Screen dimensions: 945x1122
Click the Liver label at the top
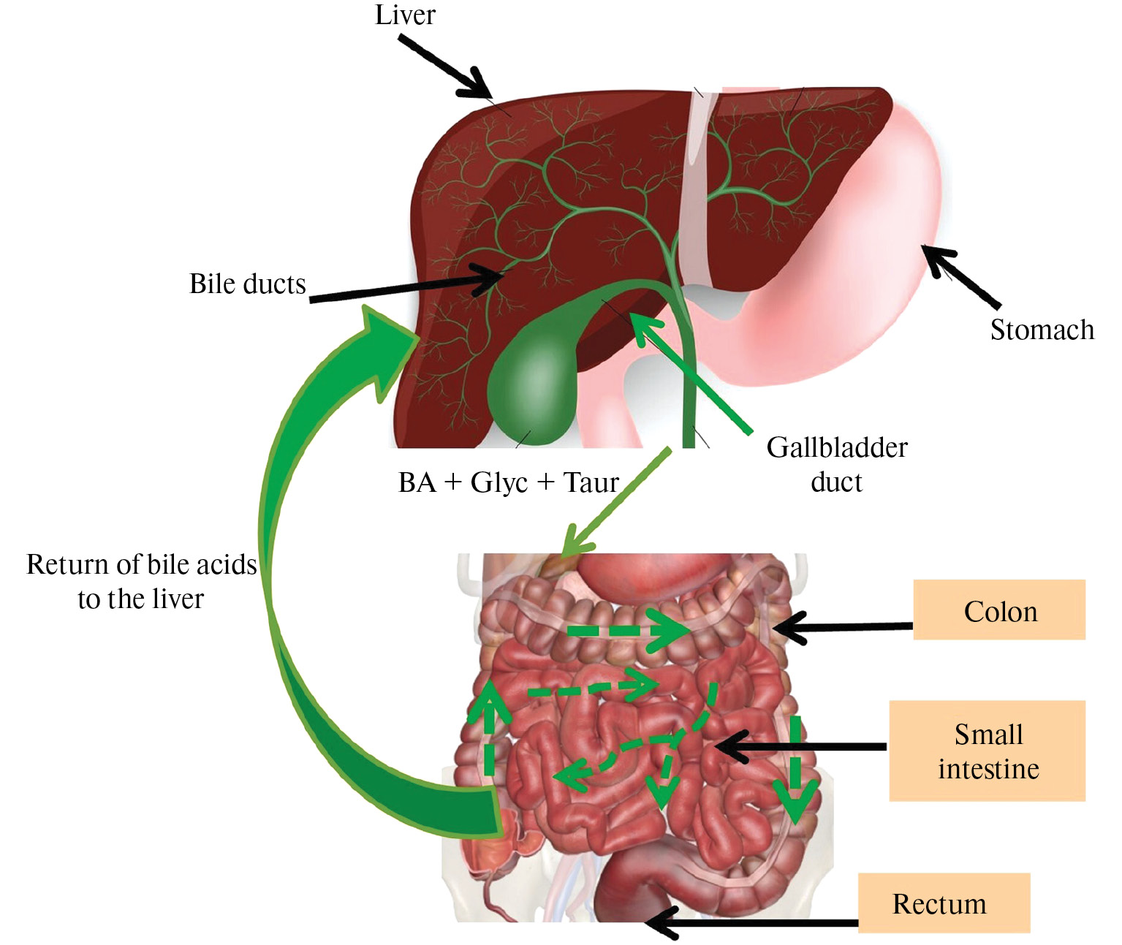(x=405, y=15)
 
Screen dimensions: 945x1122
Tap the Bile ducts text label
(x=247, y=284)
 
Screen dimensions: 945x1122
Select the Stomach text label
(x=1042, y=330)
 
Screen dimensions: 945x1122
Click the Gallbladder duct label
(x=836, y=464)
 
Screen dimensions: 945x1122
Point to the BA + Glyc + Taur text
(x=508, y=482)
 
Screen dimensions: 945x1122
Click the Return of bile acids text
(x=141, y=581)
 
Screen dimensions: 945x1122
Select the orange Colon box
(x=999, y=610)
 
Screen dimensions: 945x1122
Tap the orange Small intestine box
(x=988, y=751)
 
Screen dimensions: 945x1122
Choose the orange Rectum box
(x=943, y=903)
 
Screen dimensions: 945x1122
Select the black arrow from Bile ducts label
(x=409, y=286)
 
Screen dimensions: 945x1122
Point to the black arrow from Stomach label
(x=960, y=277)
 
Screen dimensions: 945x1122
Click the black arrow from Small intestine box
(x=797, y=746)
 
